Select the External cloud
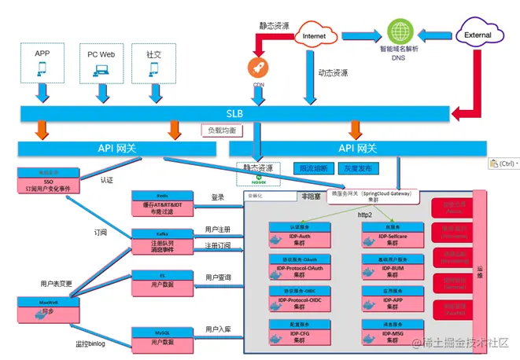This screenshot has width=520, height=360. (478, 35)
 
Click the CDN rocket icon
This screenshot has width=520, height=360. (258, 67)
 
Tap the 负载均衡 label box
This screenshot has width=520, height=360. (222, 130)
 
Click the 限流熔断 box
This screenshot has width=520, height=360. (313, 168)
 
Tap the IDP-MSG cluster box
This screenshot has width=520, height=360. (389, 331)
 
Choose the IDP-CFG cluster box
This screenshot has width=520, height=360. (296, 331)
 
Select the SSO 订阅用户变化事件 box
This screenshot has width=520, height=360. (47, 182)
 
